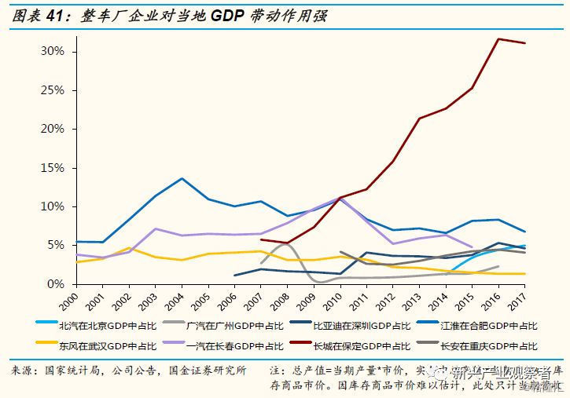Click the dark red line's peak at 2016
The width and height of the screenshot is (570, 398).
(x=498, y=38)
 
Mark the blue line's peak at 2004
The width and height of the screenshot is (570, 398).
(x=182, y=178)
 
